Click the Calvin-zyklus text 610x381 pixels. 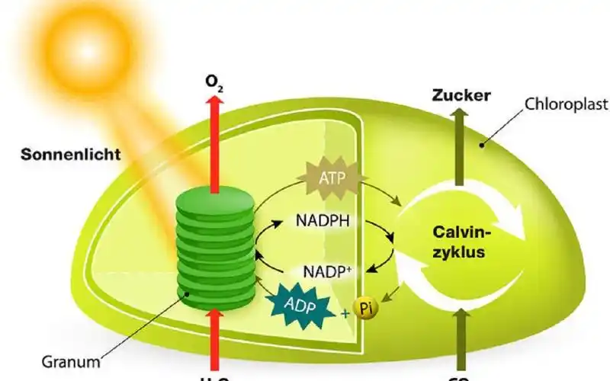[459, 242]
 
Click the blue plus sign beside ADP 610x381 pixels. [345, 313]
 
